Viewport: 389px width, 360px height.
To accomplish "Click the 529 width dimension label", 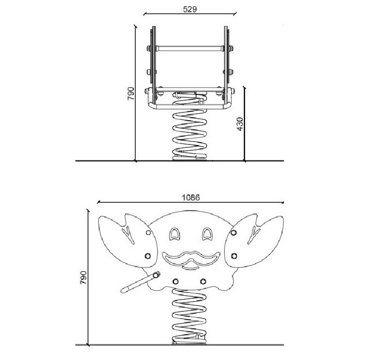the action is point(190,9).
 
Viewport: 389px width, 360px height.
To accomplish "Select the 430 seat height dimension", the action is point(240,124).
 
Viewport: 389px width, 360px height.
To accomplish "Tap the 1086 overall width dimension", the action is point(191,198).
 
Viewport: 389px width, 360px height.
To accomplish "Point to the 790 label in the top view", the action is point(130,93).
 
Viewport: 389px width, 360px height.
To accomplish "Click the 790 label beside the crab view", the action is point(83,278).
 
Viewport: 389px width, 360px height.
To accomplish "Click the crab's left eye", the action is point(174,234).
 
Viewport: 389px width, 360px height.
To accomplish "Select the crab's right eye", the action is point(207,234).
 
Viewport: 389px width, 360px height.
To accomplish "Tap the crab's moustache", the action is point(191,258).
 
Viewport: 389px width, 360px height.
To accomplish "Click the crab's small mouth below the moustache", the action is point(190,268).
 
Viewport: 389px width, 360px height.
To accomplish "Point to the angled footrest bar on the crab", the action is point(141,282).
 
